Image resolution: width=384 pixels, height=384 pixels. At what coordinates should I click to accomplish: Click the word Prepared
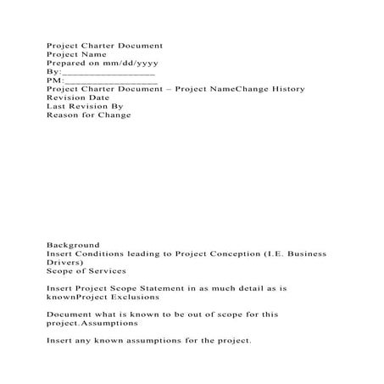65,64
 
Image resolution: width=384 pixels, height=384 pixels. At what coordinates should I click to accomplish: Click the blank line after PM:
110,82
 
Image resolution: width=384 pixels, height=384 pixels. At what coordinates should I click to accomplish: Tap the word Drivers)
64,263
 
